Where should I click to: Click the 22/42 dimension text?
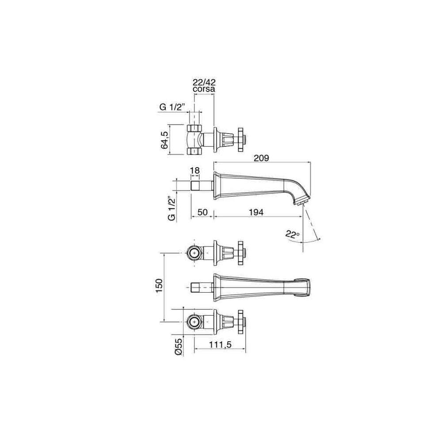(204, 82)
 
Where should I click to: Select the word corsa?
(204, 89)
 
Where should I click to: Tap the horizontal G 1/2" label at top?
(172, 107)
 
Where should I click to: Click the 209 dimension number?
(261, 158)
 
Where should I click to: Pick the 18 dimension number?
(195, 171)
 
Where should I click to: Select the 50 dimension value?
(202, 212)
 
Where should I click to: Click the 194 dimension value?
(256, 212)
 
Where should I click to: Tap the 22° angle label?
(292, 234)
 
